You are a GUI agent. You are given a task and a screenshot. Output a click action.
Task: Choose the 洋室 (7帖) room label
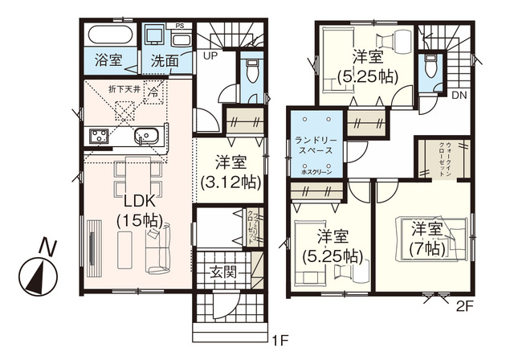(426, 239)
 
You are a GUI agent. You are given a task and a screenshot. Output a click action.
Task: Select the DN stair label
(459, 94)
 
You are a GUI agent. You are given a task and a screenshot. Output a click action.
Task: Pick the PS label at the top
(179, 26)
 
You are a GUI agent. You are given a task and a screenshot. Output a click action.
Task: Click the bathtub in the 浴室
(110, 35)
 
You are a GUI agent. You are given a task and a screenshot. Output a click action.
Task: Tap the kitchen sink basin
(147, 136)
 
